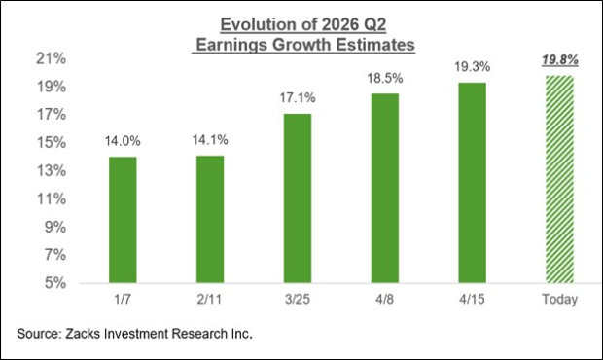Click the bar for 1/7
[122, 220]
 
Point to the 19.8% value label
[559, 60]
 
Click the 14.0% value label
[122, 142]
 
